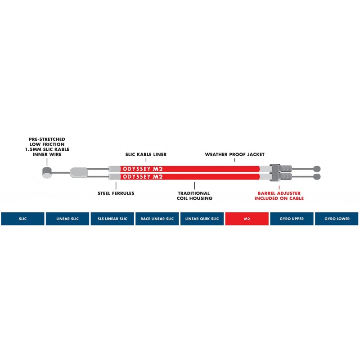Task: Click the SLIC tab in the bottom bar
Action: pos(22,219)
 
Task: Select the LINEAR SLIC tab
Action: pos(67,219)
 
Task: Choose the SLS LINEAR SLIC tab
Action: pos(112,219)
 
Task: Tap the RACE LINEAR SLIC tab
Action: pos(157,219)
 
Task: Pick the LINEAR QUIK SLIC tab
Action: pos(202,219)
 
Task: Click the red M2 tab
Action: pos(247,219)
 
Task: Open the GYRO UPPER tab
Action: pos(292,219)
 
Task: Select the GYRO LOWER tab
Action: pos(336,219)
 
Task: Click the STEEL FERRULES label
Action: pos(116,193)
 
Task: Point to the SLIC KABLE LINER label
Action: pos(146,154)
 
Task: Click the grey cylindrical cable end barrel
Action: pos(46,172)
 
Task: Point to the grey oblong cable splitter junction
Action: pos(78,172)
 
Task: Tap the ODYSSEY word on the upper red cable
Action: pos(135,169)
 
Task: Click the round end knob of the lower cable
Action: pos(317,176)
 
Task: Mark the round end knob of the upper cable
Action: pos(317,168)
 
